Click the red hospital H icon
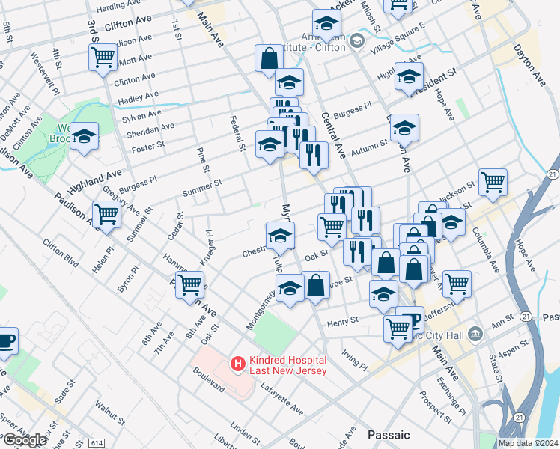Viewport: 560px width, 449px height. pyautogui.click(x=238, y=364)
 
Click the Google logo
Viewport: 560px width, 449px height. pyautogui.click(x=25, y=440)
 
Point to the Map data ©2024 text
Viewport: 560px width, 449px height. pyautogui.click(x=528, y=442)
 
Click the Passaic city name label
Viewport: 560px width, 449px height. pyautogui.click(x=389, y=434)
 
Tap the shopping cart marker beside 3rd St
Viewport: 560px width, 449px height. pyautogui.click(x=102, y=57)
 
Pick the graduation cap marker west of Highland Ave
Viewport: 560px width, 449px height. pyautogui.click(x=85, y=137)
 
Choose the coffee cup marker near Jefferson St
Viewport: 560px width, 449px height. pyautogui.click(x=410, y=320)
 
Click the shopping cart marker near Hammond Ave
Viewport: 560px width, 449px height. pyautogui.click(x=190, y=284)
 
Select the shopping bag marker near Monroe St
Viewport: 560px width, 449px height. pyautogui.click(x=316, y=284)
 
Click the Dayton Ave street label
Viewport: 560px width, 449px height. pyautogui.click(x=529, y=63)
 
